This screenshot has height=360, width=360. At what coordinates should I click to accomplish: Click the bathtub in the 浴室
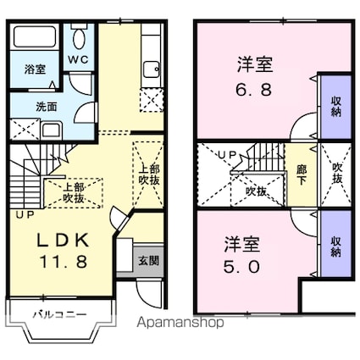coord(35,36)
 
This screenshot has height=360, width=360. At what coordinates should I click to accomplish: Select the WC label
coord(78,59)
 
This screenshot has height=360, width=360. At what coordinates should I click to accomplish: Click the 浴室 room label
coord(35,69)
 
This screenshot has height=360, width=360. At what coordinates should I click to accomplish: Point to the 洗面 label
coord(46,107)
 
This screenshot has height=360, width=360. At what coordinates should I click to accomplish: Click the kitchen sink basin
coord(152,69)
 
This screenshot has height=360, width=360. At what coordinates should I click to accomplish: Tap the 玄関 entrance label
coord(148,261)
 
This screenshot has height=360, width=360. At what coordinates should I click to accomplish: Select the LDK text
coord(64,241)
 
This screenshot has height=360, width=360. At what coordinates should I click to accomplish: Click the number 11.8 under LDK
coord(64,262)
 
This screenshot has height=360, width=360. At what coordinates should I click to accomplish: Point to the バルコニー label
coord(59,314)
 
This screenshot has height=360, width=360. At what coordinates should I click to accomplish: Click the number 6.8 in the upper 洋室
coord(254,89)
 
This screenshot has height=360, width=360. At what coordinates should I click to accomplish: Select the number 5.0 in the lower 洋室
coord(241,267)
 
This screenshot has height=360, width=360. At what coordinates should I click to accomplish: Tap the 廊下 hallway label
coord(302,174)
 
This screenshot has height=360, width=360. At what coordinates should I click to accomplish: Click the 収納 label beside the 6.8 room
coord(336,107)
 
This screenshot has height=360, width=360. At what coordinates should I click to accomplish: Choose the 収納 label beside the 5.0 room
coord(336,246)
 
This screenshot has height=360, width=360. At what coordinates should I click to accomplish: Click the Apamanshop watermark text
coord(180,322)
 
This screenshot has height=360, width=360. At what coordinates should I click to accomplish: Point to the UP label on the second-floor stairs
coord(228,154)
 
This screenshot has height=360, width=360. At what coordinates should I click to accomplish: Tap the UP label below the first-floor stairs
coord(25,215)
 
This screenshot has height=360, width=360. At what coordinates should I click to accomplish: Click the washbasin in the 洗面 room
coord(51,130)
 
